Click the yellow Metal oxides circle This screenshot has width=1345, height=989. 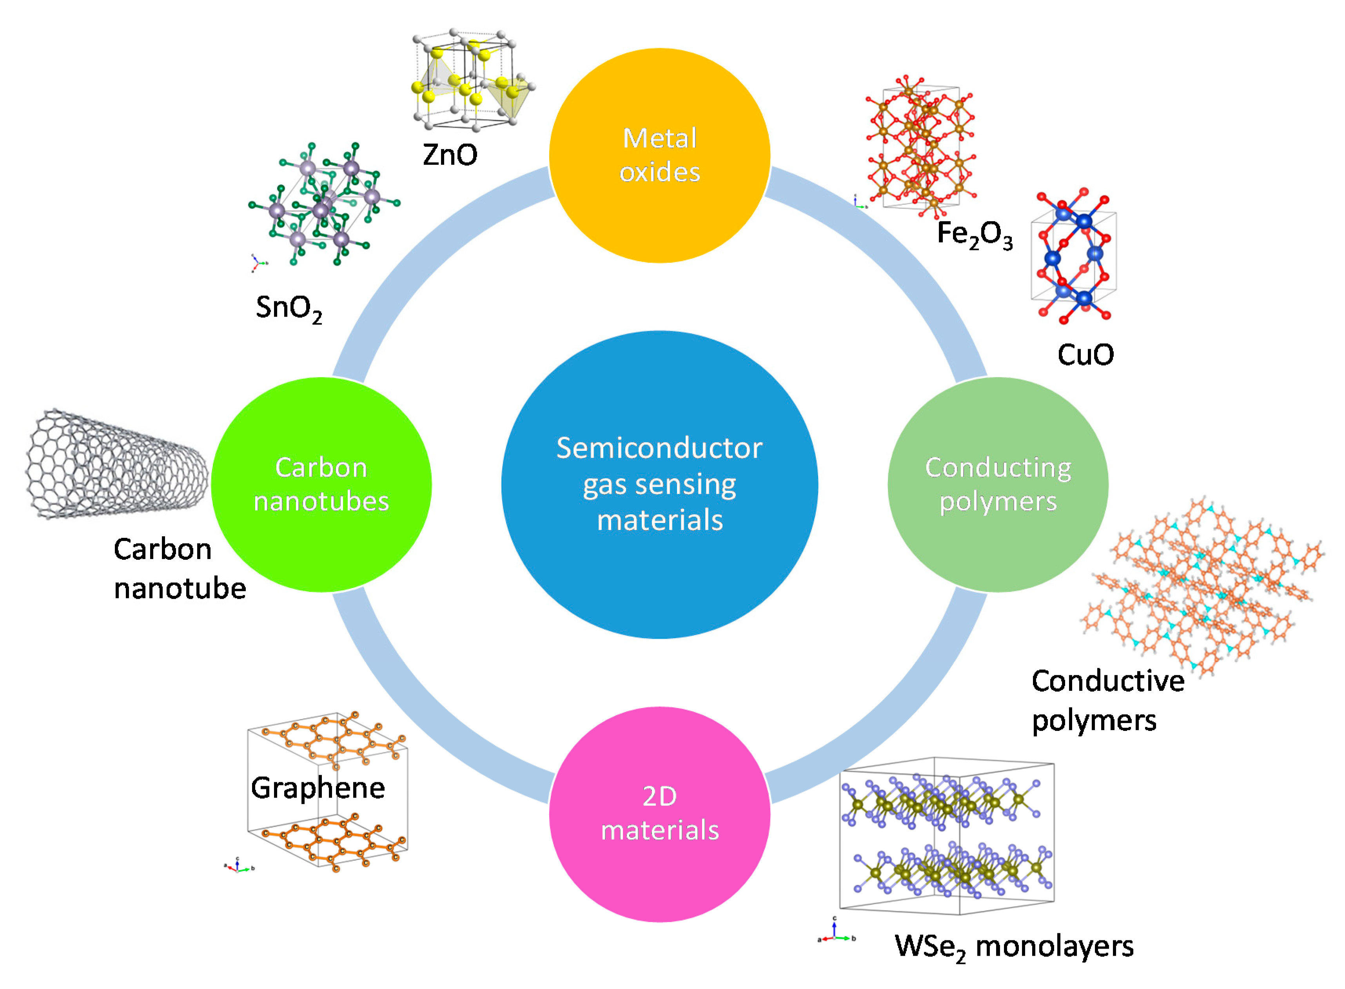click(659, 156)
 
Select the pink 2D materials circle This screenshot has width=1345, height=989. click(659, 814)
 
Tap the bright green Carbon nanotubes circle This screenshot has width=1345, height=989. click(321, 484)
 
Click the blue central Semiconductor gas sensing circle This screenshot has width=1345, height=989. click(659, 484)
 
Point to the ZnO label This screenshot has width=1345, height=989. click(450, 155)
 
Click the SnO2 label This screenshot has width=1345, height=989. click(289, 308)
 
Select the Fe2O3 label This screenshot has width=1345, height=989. click(975, 234)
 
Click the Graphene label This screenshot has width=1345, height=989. click(318, 788)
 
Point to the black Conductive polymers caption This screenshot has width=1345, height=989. click(1107, 700)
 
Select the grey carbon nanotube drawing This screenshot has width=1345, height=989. click(117, 464)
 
